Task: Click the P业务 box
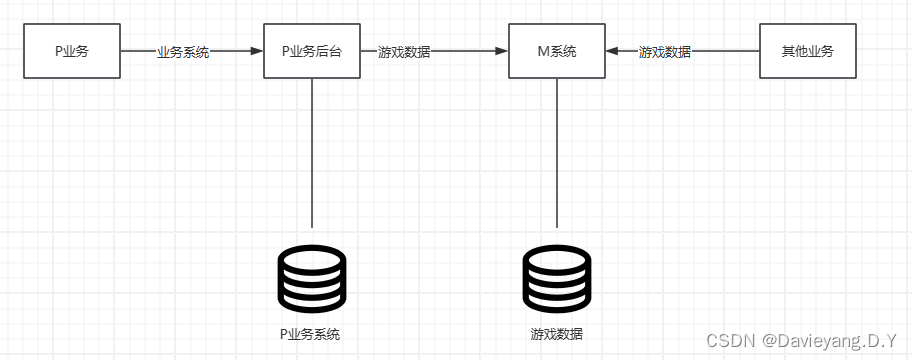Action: (71, 50)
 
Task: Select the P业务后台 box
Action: (311, 50)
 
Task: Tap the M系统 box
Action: (556, 50)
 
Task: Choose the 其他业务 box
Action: (808, 50)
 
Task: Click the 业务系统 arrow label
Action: (183, 51)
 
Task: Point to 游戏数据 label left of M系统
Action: (404, 51)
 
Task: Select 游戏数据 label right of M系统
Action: (665, 51)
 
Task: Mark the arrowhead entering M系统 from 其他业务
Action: (614, 50)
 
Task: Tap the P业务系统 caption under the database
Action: (311, 333)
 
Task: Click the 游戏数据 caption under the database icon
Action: (556, 333)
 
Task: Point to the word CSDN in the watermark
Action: (730, 341)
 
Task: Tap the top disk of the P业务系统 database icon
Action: (311, 258)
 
